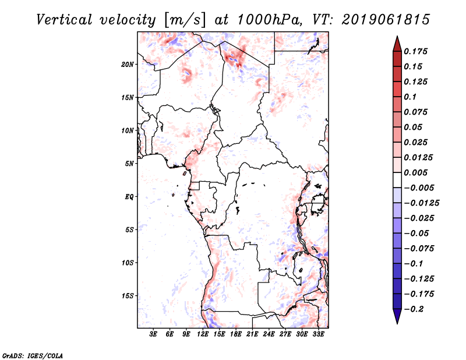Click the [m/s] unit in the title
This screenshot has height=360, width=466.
coord(185,20)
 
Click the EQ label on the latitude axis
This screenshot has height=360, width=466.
coord(129,197)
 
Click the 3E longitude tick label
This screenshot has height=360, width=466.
coord(154,334)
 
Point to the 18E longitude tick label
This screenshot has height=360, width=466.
coord(236,334)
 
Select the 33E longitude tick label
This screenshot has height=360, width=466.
coord(319,334)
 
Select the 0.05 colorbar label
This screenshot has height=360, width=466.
coord(415,127)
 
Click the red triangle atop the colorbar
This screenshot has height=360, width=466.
coord(397,44)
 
